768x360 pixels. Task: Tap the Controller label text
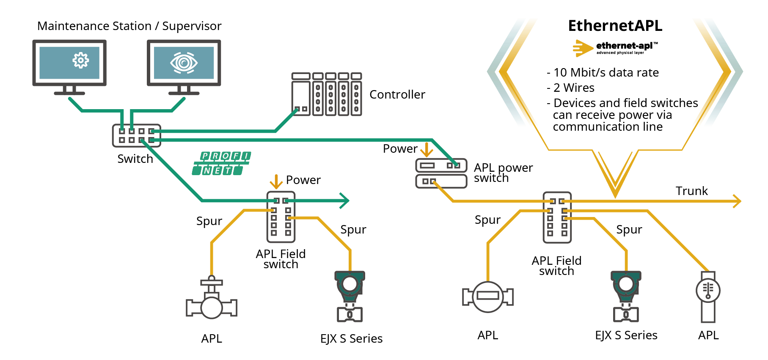point(397,94)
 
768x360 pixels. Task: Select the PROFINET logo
point(221,163)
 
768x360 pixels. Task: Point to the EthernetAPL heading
point(615,26)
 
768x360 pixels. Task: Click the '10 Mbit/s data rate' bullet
point(606,72)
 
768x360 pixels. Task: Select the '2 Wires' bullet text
point(574,88)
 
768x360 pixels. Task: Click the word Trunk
point(691,191)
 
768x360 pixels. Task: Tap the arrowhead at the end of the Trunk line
point(737,201)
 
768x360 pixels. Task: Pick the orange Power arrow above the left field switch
point(276,182)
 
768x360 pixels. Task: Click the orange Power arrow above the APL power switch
point(427,149)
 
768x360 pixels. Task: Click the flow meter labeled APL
point(487,297)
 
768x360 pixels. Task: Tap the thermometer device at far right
point(708,296)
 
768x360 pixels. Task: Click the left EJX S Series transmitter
point(350,296)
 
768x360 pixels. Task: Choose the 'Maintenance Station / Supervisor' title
point(129,26)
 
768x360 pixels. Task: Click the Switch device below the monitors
point(136,135)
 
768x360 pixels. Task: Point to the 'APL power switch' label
point(503,173)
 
